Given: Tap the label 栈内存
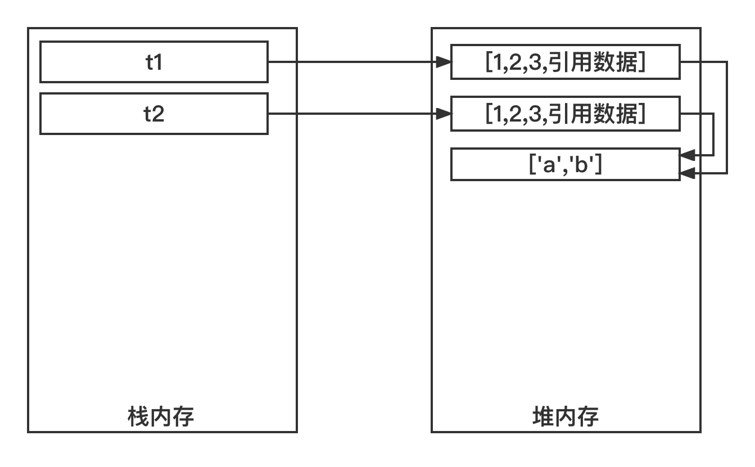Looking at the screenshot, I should coord(161,417).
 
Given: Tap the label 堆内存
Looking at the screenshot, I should coord(565,417).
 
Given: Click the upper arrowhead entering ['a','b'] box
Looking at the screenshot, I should coord(686,155).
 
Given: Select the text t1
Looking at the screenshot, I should coord(154,62).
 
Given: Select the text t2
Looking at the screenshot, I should coord(154,114).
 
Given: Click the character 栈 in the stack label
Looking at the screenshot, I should coord(138,417).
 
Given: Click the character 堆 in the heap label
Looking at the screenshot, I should coord(542,417).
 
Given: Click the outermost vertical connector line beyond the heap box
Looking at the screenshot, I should coord(727,118).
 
